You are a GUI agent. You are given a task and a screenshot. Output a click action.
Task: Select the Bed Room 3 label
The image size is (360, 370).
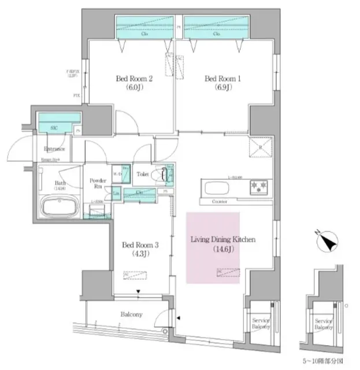tap(136, 249)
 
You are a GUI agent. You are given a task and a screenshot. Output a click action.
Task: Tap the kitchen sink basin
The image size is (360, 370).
tap(216, 188)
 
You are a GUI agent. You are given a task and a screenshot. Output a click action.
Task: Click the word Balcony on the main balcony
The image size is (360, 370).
tap(132, 314)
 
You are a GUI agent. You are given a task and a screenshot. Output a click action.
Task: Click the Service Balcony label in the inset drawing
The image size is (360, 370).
tap(323, 324)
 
